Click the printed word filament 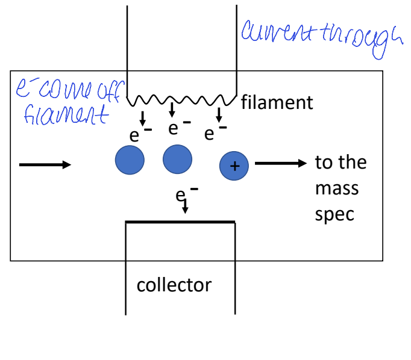[x=277, y=102]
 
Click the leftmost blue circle [x=130, y=160]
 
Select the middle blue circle [x=178, y=160]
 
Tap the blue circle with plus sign [x=234, y=166]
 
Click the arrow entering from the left [x=45, y=164]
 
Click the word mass [x=336, y=188]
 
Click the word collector [x=174, y=284]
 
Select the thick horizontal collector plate [x=180, y=222]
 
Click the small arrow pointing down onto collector [x=185, y=207]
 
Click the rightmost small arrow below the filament [x=219, y=114]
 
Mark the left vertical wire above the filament [x=127, y=48]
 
